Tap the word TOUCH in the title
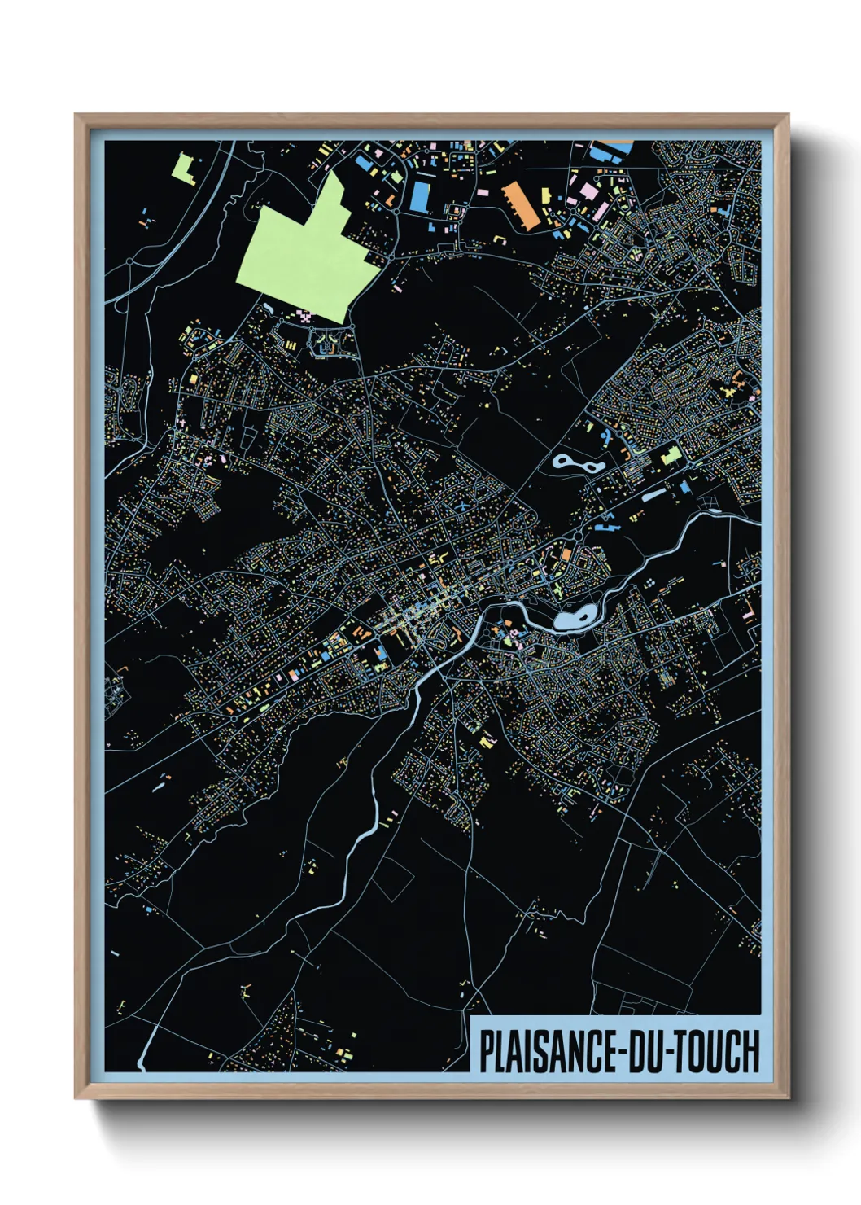[716, 1051]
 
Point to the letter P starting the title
[487, 1051]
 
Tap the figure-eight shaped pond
[578, 465]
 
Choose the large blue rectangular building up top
[420, 196]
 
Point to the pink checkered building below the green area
[305, 315]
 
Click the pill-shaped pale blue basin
[653, 494]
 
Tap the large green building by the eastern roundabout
[671, 455]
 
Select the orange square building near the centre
[565, 554]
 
